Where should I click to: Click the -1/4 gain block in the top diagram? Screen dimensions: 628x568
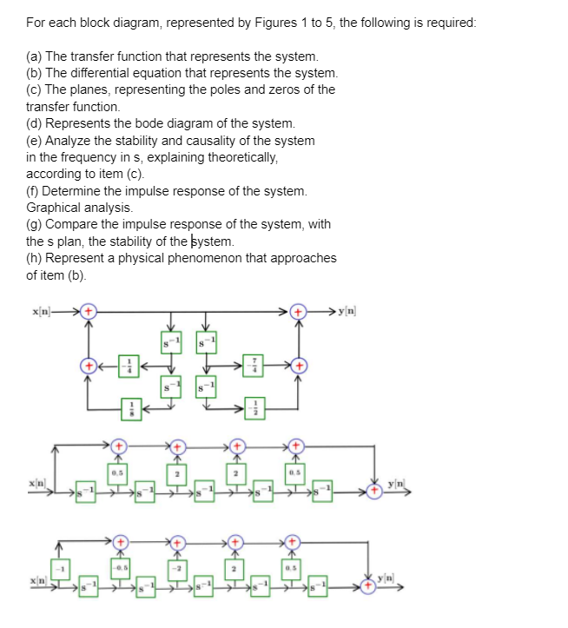click(131, 367)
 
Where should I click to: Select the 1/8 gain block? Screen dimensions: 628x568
click(131, 407)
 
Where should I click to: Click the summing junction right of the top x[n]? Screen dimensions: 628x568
click(89, 310)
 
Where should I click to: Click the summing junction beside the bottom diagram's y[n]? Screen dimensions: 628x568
click(373, 589)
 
